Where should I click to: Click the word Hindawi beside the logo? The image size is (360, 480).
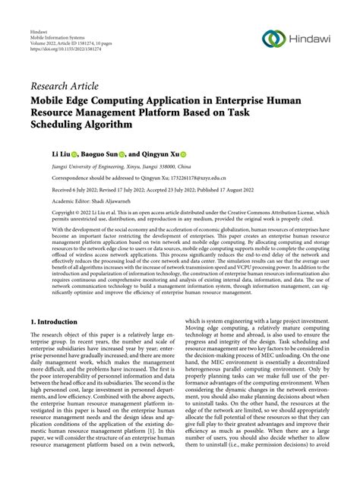(x=311, y=39)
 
